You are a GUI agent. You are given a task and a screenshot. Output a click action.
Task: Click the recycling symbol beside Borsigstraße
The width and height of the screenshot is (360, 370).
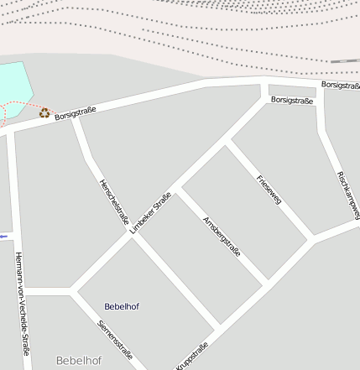coord(44,112)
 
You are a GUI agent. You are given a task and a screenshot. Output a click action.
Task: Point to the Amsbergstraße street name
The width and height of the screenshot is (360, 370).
coord(222,236)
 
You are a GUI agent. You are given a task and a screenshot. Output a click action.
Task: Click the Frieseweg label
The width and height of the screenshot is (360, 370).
coord(269,190)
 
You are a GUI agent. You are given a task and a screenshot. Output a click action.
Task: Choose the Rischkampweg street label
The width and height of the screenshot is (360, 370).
coord(347,193)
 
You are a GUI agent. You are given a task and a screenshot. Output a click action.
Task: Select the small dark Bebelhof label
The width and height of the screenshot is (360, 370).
coord(122,306)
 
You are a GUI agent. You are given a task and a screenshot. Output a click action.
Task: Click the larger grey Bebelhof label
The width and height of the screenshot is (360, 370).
coord(79,361)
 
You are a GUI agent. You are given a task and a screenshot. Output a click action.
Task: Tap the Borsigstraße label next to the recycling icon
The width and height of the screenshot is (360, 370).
coord(76,112)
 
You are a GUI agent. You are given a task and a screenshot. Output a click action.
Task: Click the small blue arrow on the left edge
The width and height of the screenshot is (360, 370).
coord(3,237)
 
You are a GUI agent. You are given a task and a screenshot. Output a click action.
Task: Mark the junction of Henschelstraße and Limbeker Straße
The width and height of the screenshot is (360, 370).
coord(132,233)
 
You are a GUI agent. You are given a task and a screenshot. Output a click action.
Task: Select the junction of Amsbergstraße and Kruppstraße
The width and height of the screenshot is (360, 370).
coord(265,284)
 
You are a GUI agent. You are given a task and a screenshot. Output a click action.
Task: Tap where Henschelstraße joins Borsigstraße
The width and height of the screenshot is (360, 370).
coord(74,118)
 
